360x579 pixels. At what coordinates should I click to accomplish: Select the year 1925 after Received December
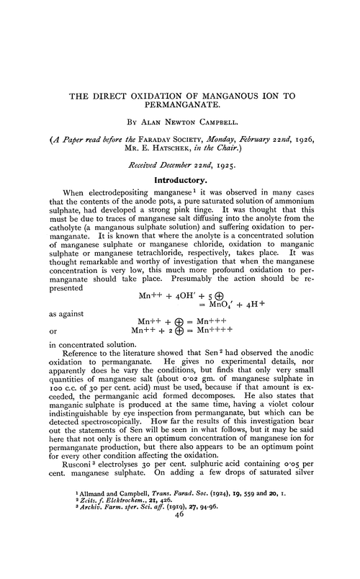point(212,165)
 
